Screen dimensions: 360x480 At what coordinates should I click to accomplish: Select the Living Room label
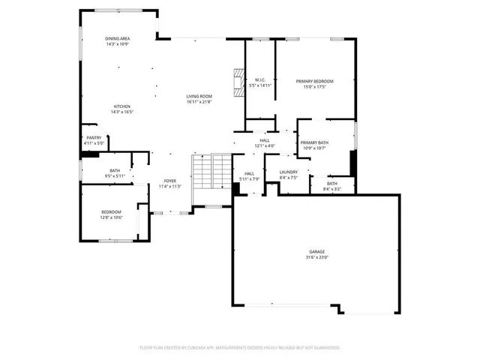[199, 96]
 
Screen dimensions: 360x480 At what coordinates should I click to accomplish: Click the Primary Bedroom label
[314, 81]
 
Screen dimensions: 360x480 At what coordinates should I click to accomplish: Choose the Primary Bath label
[314, 142]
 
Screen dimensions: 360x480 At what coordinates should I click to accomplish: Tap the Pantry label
[94, 137]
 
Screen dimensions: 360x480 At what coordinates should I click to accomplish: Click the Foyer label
[170, 181]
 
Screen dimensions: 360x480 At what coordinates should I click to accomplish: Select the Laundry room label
[289, 172]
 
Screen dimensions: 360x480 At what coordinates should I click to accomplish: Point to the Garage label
[317, 252]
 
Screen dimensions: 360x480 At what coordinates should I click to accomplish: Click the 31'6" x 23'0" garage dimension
[317, 257]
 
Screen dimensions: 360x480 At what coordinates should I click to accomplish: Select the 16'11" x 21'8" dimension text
[199, 101]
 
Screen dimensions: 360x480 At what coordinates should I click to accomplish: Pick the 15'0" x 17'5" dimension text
[314, 86]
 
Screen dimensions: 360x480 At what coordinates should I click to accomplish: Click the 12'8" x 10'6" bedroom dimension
[111, 217]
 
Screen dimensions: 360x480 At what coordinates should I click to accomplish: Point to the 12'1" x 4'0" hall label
[264, 145]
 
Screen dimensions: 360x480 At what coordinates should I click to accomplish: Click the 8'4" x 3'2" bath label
[331, 189]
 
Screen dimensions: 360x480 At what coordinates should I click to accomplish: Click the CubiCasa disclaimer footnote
[240, 348]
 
